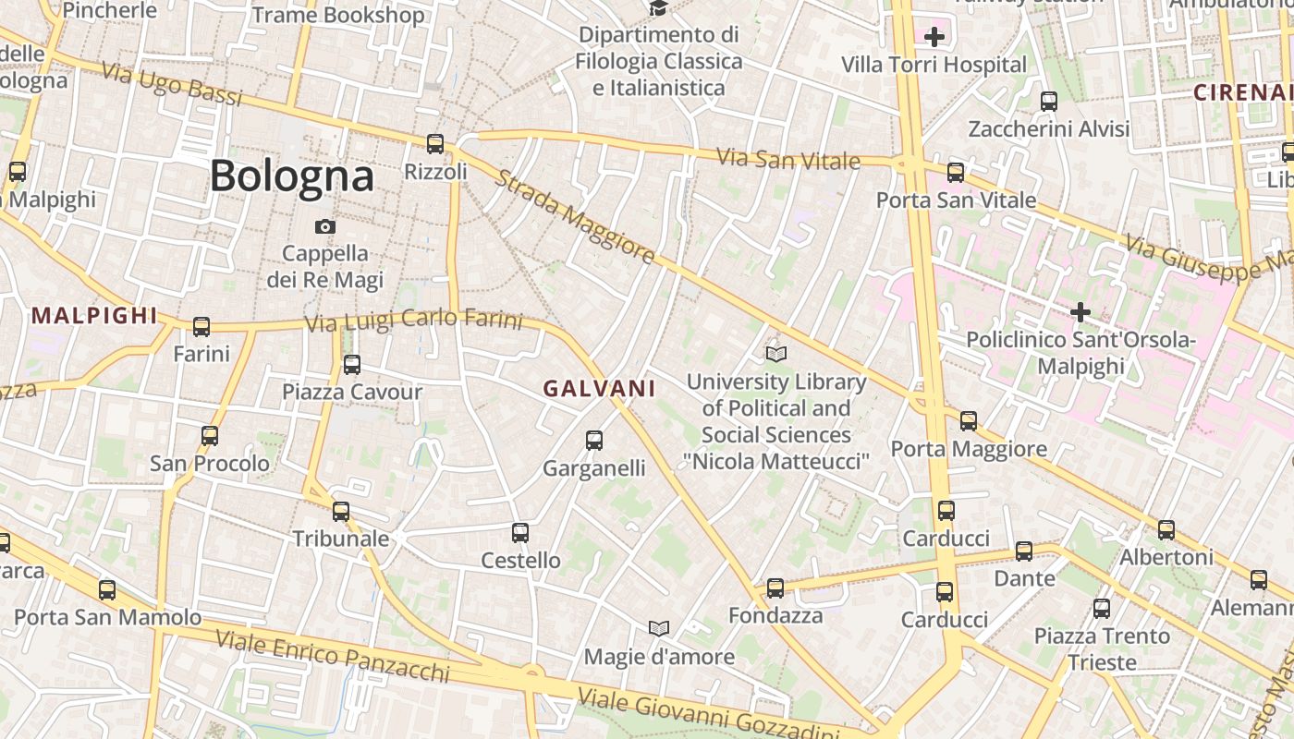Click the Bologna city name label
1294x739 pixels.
pos(292,176)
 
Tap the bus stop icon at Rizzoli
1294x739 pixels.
pos(435,144)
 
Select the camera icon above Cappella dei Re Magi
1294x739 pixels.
pos(325,226)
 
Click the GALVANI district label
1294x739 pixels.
pos(599,389)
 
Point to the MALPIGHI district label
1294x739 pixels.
pos(94,315)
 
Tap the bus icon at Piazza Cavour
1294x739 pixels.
pos(352,365)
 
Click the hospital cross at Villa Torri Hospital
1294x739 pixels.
pos(934,37)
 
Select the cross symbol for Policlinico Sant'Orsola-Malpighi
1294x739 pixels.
pos(1080,312)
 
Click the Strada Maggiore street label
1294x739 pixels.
pos(575,216)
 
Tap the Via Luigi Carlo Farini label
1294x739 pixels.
pos(414,321)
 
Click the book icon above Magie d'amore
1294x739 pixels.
pos(659,629)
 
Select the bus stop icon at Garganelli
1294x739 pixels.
pos(594,441)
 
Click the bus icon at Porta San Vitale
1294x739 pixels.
pos(956,173)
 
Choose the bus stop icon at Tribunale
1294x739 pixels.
pos(341,512)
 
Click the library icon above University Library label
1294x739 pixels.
pos(776,354)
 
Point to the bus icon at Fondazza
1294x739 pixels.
pos(775,588)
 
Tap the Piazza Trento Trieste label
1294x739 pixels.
pos(1102,648)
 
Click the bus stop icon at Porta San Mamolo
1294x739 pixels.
pos(107,590)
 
